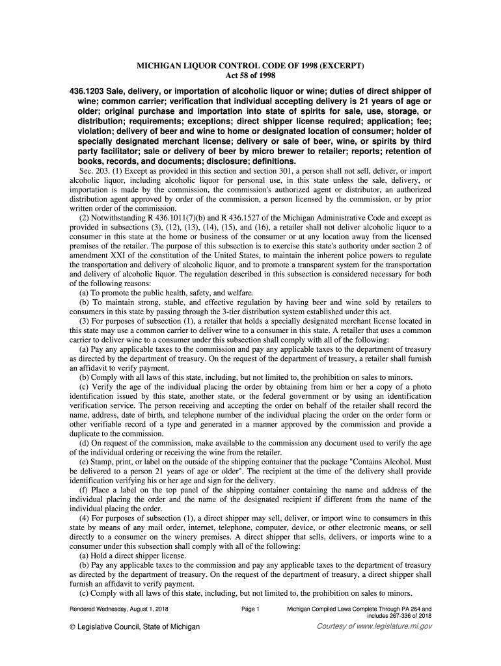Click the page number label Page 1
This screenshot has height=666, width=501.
(x=251, y=609)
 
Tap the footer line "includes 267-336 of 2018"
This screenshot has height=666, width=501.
(x=399, y=616)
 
